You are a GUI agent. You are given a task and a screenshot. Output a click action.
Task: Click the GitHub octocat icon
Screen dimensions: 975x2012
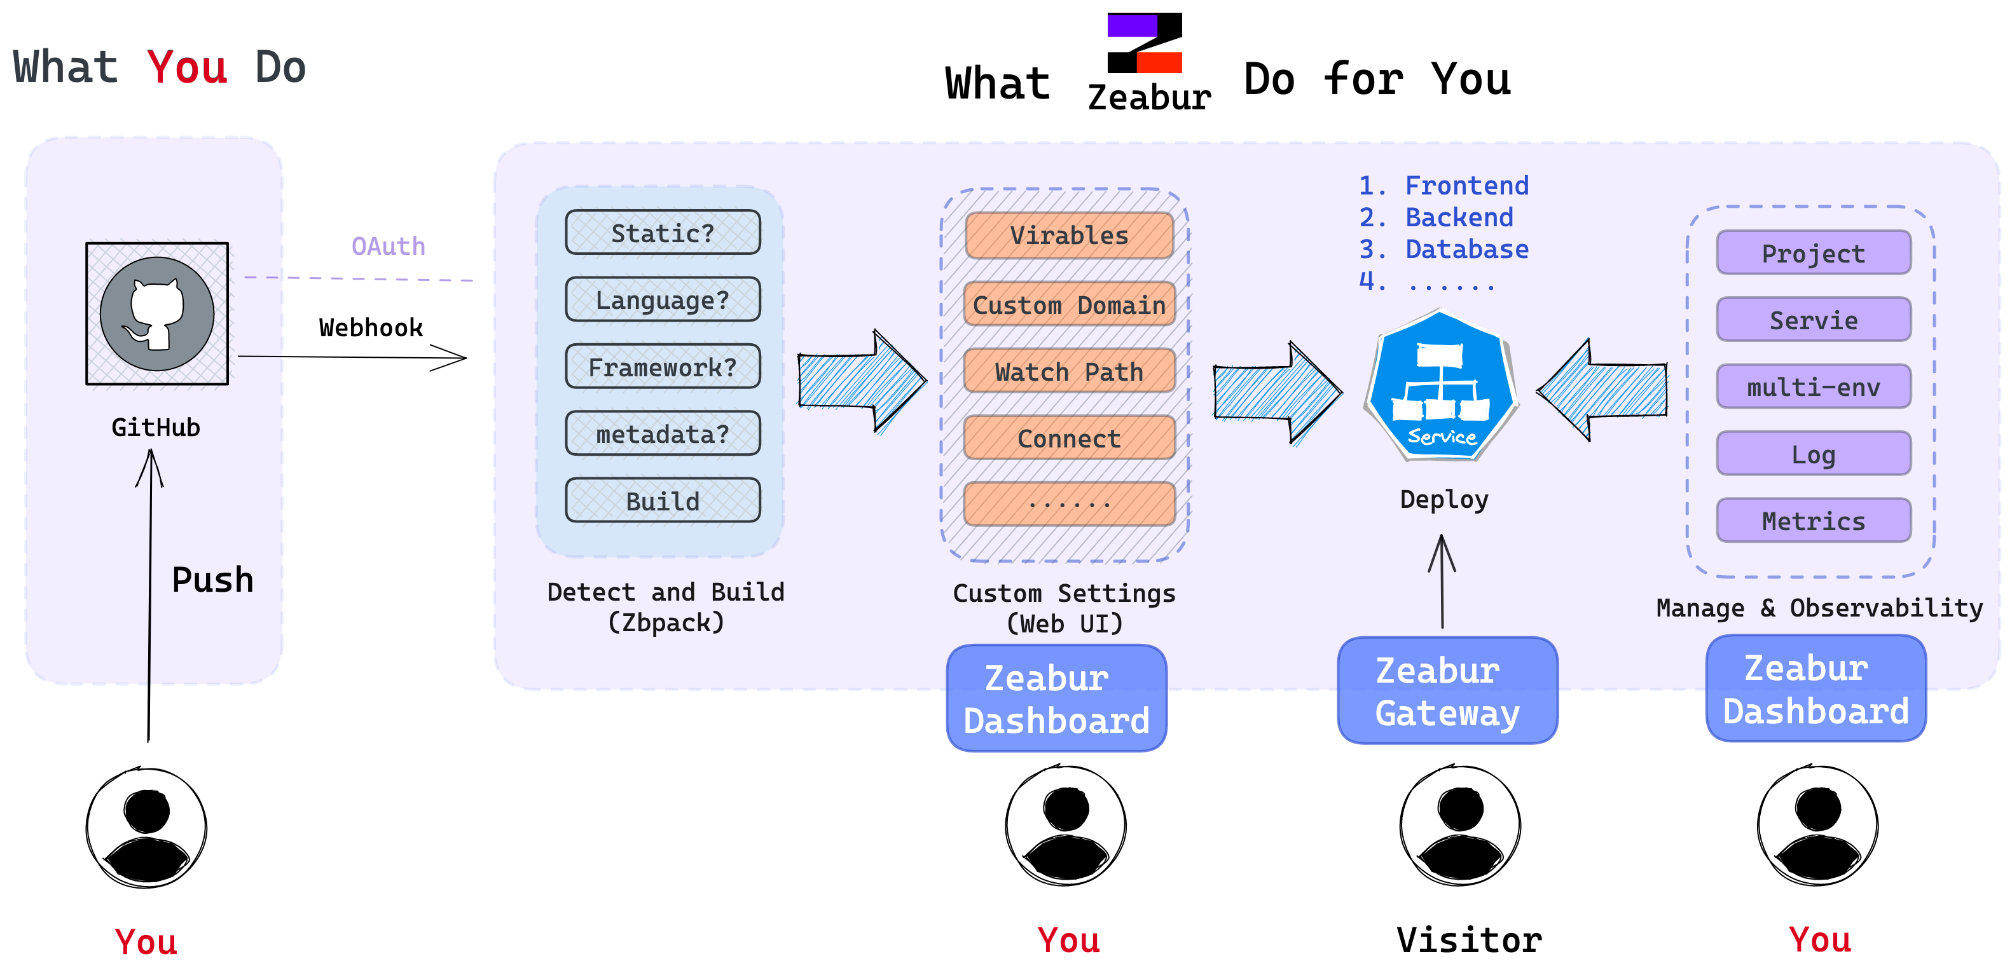click(157, 313)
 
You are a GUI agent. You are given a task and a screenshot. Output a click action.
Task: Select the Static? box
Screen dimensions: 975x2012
click(663, 233)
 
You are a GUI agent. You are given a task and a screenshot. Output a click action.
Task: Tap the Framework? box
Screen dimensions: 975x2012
click(663, 367)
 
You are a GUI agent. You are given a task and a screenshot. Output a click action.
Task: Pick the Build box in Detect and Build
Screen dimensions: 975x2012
click(663, 500)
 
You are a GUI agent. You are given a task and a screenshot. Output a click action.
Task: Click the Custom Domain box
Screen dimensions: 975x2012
click(1069, 304)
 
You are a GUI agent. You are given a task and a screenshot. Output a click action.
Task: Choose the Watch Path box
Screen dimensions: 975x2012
click(1069, 372)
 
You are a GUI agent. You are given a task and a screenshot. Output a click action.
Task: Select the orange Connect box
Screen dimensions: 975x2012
click(1069, 439)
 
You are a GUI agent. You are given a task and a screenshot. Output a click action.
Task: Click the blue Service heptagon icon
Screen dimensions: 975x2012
click(1441, 386)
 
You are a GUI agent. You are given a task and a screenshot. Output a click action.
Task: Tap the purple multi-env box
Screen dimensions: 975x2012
click(1814, 387)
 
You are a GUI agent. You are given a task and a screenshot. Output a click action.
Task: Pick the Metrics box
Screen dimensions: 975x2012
click(1814, 521)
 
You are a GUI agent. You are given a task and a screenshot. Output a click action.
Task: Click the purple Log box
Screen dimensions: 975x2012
click(1814, 454)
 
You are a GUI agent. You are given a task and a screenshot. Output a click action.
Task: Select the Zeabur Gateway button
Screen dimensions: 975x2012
click(1447, 691)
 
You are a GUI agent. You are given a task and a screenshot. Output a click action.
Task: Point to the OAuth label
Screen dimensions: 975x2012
click(388, 247)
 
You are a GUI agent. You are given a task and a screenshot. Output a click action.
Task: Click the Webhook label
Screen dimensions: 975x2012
click(371, 328)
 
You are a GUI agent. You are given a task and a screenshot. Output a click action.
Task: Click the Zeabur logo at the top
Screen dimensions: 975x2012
click(1145, 44)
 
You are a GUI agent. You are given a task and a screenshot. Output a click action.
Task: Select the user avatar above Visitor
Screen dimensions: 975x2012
click(1460, 825)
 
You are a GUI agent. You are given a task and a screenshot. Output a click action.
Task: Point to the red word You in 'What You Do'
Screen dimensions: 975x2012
click(188, 68)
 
